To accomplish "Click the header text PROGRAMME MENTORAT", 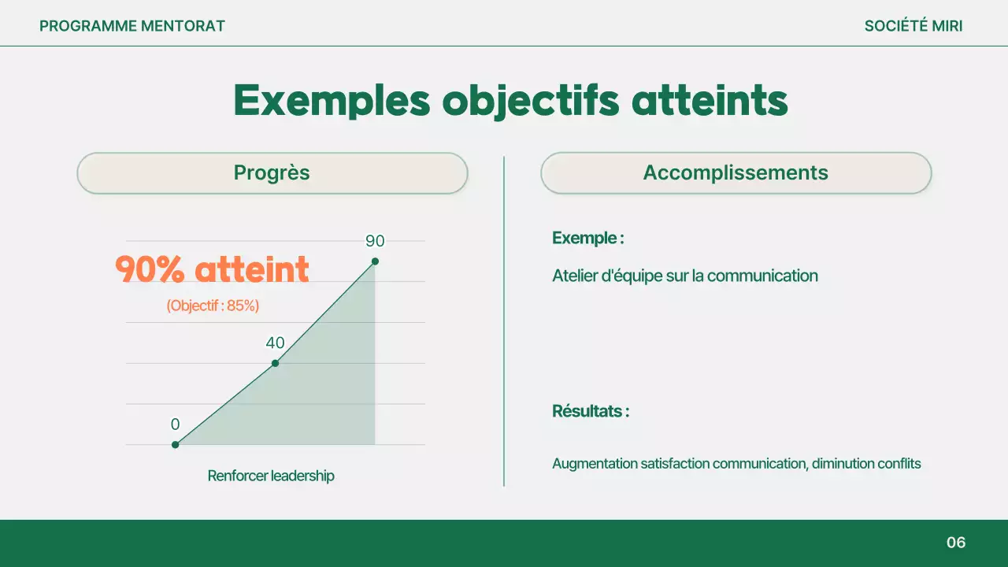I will (132, 26).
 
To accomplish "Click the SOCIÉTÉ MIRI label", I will (913, 26).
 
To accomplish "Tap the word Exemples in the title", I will (332, 101).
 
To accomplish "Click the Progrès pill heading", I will (272, 173).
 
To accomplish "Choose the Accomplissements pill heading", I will (736, 173).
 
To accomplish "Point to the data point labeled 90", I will (375, 261).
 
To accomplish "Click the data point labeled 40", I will (275, 363).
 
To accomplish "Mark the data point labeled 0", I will (176, 445).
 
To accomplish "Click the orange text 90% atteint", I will (212, 269).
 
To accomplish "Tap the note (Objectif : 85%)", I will (213, 306).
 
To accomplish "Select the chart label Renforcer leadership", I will (271, 476).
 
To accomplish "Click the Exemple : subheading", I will (588, 238).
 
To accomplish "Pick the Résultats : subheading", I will (591, 411).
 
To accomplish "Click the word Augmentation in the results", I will (595, 464).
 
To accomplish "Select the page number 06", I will (956, 543).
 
